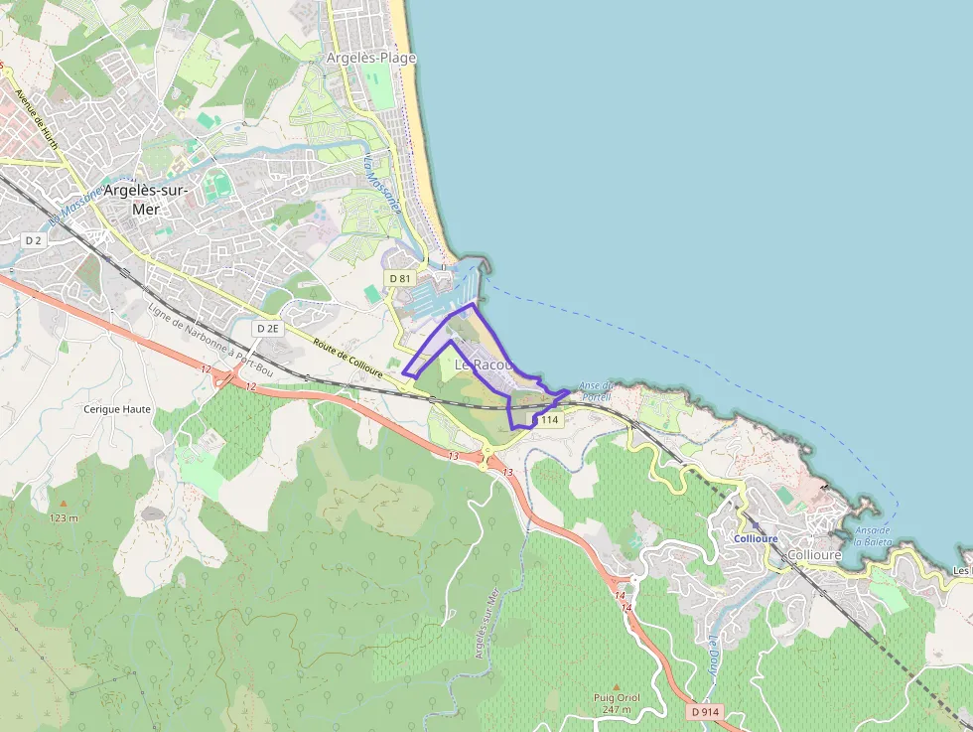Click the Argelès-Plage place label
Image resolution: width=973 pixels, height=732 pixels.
[371, 58]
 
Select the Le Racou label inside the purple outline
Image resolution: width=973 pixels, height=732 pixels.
[484, 366]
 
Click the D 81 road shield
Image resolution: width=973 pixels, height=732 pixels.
[399, 278]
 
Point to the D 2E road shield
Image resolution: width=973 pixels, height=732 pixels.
[268, 328]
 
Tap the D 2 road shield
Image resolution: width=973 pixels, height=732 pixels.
[34, 240]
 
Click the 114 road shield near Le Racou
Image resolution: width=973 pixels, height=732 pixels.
[550, 420]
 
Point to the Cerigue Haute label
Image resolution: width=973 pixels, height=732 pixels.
[117, 408]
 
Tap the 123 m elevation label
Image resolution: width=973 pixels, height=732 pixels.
[64, 517]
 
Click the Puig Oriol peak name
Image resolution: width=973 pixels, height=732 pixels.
[616, 697]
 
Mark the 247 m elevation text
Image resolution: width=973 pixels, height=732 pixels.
[616, 709]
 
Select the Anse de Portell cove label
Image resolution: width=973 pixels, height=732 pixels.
[596, 391]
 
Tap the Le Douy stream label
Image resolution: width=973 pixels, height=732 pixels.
[713, 655]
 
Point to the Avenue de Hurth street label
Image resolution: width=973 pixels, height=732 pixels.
[38, 121]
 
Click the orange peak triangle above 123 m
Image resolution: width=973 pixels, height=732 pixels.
[64, 504]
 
